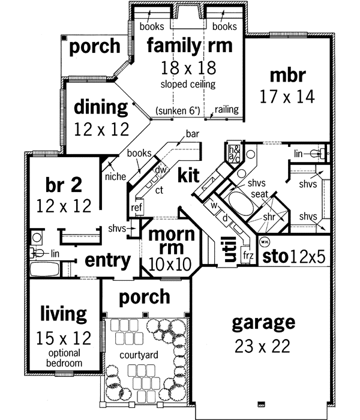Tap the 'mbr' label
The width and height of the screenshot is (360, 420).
click(287, 76)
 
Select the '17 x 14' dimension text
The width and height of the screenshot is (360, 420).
click(287, 96)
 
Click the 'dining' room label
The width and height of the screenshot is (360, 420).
click(101, 108)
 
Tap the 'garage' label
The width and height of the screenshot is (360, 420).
click(263, 323)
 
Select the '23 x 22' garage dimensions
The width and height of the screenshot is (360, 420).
click(263, 346)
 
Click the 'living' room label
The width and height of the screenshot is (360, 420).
click(64, 313)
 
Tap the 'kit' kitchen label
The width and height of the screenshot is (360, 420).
click(188, 175)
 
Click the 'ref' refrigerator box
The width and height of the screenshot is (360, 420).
click(137, 208)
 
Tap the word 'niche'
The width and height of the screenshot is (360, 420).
click(114, 177)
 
